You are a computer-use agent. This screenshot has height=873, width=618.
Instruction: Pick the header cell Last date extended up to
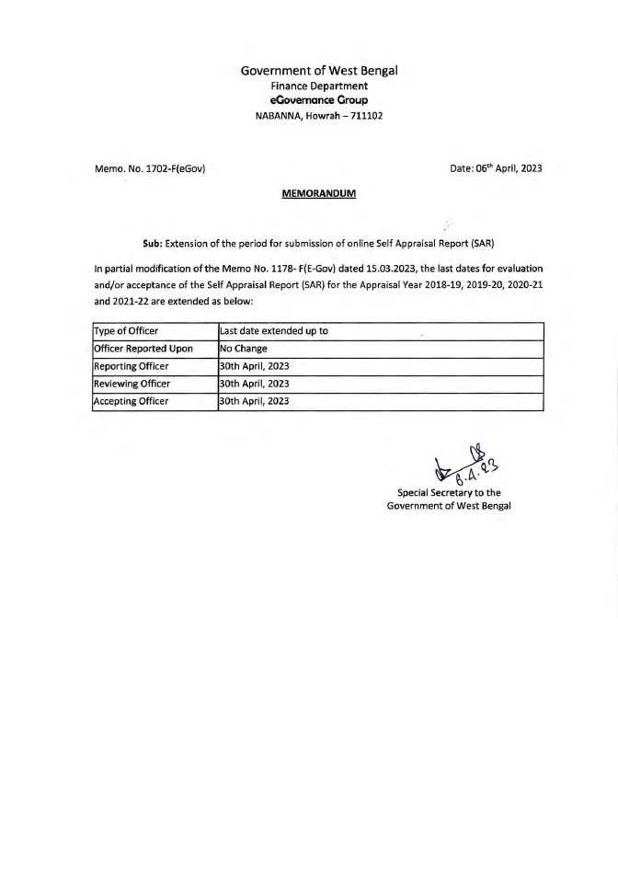[x=274, y=331]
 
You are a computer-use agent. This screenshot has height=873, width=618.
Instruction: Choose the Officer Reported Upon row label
[x=143, y=349]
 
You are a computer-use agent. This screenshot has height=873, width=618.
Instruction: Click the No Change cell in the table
[x=244, y=349]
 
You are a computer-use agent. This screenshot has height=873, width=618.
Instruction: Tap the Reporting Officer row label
[x=132, y=366]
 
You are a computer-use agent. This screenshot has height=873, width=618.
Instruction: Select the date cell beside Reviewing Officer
[x=255, y=384]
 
